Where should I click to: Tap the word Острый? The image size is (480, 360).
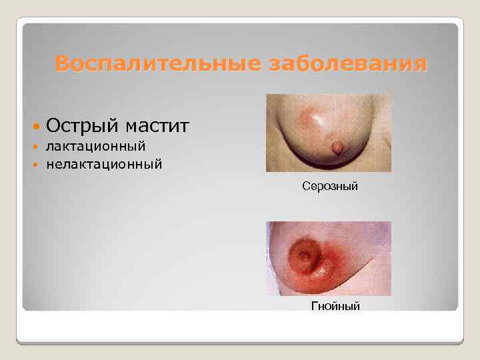82,125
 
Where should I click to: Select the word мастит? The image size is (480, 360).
156,125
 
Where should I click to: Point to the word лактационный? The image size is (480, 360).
96,145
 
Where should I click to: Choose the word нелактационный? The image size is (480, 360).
104,163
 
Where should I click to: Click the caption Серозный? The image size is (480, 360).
330,187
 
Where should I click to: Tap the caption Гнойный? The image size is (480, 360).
336,306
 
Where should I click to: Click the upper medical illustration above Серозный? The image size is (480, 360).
328,133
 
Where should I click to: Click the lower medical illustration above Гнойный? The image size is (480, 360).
328,258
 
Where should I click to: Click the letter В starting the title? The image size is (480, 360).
62,65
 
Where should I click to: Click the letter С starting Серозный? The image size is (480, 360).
305,187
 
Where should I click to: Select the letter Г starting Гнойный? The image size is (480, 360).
315,306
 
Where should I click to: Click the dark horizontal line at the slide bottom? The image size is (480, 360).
240,343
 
